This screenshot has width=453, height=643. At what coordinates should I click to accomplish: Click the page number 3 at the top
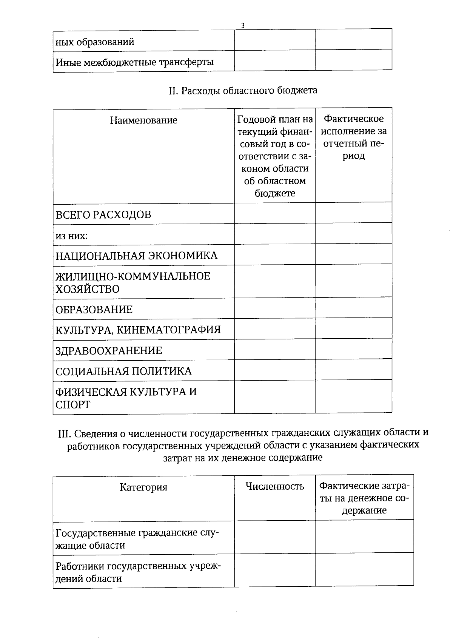pos(242,26)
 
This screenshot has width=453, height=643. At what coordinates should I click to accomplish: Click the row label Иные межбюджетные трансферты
pos(134,62)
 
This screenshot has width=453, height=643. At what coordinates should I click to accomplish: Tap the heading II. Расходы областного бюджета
pos(242,91)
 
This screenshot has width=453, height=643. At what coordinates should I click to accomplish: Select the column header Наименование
pos(143,120)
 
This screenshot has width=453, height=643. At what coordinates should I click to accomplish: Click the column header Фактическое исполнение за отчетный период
pos(354,137)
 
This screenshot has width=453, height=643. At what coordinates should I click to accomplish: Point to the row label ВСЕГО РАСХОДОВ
pos(103,215)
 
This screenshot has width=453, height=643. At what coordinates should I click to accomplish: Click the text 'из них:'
pos(72,236)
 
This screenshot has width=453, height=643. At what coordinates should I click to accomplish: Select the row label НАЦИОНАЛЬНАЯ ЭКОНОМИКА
pos(136,256)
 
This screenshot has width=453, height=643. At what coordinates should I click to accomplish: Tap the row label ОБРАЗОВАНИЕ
pos(94,310)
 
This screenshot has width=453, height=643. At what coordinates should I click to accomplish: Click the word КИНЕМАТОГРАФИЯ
pos(168,330)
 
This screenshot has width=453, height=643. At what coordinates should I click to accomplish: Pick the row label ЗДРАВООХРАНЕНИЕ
pos(109,351)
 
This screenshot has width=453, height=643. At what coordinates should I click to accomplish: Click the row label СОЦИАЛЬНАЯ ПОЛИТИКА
pos(123,371)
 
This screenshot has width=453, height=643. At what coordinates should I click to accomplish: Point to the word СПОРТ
pos(73,405)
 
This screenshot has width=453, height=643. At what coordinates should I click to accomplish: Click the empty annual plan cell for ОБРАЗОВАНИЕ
pos(275,308)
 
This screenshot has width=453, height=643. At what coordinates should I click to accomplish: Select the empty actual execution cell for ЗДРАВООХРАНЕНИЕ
pos(353,349)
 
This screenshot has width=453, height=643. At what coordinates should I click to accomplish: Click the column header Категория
pos(143,487)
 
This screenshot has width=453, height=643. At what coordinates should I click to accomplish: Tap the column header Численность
pos(274,486)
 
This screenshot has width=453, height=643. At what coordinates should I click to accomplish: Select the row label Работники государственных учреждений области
pos(138,572)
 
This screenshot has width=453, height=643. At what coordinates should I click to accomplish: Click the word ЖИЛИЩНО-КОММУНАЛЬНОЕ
pos(133,276)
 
